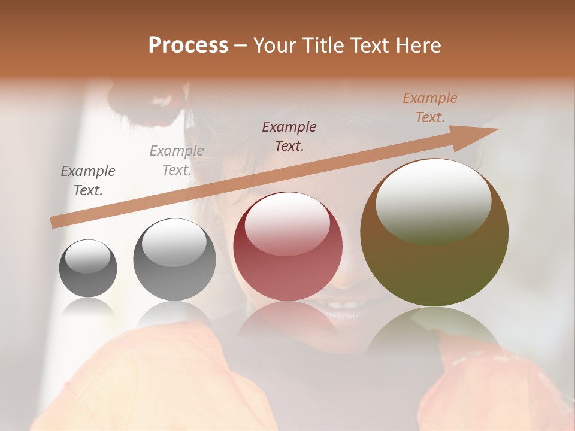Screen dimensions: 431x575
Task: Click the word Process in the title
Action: [188, 45]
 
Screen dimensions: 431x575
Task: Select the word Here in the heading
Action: [418, 45]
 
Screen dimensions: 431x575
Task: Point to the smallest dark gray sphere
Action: [88, 268]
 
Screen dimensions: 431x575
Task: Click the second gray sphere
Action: [174, 259]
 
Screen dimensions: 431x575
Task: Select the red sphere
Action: [288, 246]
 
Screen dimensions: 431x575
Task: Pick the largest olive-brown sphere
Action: [434, 233]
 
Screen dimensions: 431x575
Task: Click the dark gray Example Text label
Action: [88, 181]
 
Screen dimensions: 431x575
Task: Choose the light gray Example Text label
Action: [177, 160]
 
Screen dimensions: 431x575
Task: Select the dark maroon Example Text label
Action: [289, 136]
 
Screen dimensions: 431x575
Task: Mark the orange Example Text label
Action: [430, 108]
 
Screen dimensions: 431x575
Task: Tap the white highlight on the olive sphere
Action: [433, 200]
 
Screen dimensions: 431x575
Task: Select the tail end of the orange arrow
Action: [54, 223]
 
